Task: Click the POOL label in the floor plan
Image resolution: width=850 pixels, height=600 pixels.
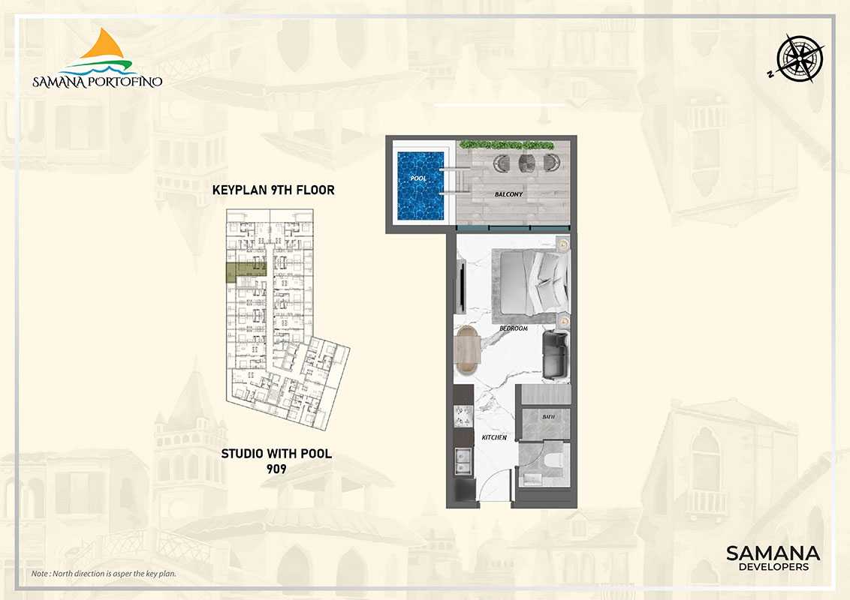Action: (418, 178)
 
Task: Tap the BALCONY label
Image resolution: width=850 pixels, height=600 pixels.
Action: (508, 194)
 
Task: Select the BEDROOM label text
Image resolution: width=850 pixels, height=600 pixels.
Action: (514, 328)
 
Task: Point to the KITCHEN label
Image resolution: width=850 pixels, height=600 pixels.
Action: (494, 437)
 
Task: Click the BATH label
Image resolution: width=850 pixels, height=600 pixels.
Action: (547, 417)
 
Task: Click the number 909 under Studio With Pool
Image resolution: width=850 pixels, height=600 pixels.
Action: (276, 469)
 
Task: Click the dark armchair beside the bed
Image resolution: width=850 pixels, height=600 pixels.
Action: (556, 354)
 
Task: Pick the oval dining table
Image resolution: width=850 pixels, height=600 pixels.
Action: (467, 350)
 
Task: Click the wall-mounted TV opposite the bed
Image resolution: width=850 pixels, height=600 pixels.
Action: (460, 286)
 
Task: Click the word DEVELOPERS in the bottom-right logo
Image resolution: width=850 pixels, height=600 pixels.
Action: (773, 567)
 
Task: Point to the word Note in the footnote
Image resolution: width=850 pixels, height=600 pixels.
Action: (39, 574)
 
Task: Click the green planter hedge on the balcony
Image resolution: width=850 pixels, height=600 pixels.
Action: (508, 145)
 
